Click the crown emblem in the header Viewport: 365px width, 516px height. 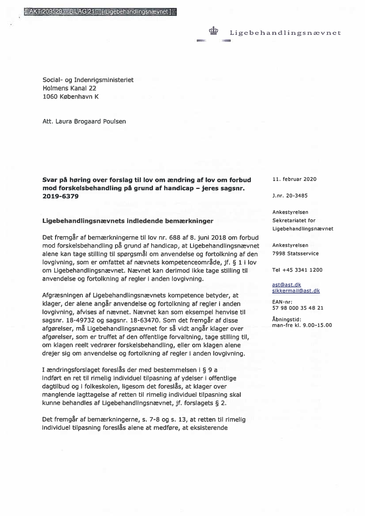click(x=213, y=31)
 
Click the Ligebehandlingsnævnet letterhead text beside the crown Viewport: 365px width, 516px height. click(x=285, y=33)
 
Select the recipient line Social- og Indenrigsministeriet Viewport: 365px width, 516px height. click(x=88, y=80)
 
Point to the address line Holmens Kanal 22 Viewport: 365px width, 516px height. click(x=69, y=88)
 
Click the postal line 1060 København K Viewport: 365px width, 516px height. click(x=71, y=96)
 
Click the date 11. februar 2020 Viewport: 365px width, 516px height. click(x=294, y=179)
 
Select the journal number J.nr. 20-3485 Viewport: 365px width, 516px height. click(x=290, y=196)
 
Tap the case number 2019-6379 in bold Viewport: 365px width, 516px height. click(x=60, y=196)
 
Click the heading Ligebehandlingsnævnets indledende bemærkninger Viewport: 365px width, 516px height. click(x=128, y=221)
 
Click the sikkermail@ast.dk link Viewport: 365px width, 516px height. click(x=296, y=291)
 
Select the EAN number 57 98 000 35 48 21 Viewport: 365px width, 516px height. click(x=298, y=308)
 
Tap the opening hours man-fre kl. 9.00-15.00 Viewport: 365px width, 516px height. click(x=302, y=325)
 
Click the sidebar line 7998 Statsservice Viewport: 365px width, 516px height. click(x=295, y=253)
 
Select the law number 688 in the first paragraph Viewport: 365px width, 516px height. click(x=166, y=237)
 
